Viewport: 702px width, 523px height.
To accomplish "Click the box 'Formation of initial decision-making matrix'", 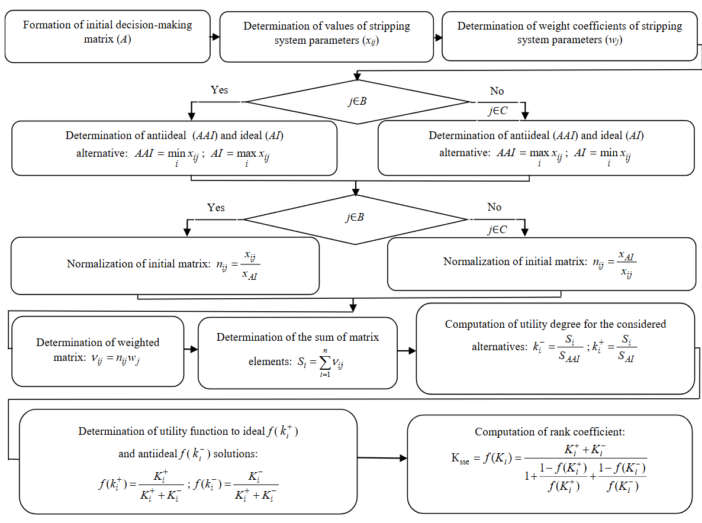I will point(107,36).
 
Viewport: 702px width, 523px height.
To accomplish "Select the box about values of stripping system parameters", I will point(326,36).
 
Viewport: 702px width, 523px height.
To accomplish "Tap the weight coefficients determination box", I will point(569,35).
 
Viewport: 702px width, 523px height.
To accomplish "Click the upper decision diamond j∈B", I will point(356,101).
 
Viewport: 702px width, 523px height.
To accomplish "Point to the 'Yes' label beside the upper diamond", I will point(220,90).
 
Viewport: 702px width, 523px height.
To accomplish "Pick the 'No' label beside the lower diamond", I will point(494,207).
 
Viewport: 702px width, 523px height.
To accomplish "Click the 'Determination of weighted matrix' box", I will point(98,351).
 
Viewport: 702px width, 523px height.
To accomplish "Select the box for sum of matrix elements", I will point(297,353).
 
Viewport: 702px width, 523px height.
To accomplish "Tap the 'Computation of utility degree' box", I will point(555,349).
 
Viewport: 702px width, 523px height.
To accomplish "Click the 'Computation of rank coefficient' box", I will point(550,463).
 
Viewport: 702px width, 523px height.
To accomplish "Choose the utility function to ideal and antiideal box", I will point(188,462).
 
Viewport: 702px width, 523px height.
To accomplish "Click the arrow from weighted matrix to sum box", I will point(191,350).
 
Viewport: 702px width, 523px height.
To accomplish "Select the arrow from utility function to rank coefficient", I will point(382,457).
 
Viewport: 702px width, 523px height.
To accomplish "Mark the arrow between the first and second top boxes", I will point(215,37).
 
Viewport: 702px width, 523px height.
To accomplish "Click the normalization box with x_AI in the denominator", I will point(165,266).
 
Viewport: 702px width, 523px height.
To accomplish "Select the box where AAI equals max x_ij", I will point(536,148).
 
